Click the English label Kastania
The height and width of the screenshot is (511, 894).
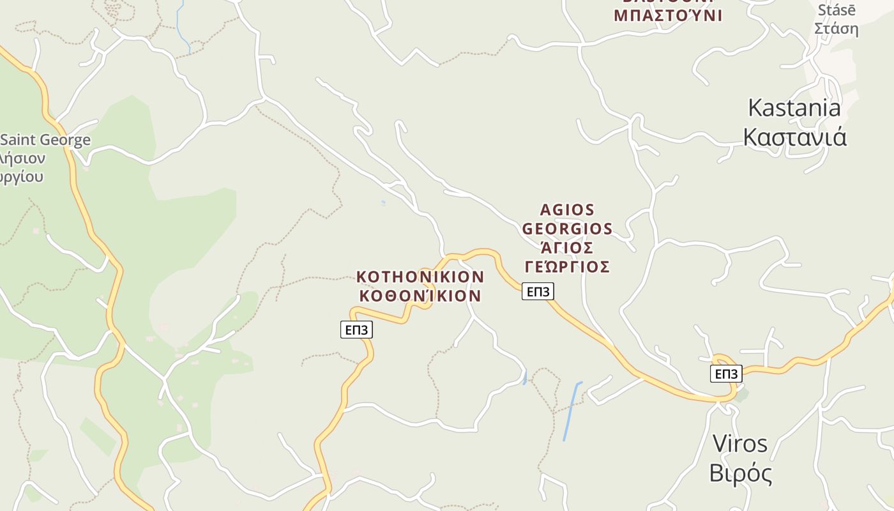coord(794,107)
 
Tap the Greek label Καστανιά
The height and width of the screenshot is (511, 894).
coord(795,137)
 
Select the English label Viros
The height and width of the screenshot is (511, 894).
coord(739,443)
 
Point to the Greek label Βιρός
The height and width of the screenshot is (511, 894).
coord(740,473)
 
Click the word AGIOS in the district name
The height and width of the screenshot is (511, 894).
coord(567,210)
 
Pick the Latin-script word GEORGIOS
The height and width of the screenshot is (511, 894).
coord(567,229)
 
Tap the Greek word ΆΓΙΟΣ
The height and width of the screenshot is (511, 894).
coord(567,247)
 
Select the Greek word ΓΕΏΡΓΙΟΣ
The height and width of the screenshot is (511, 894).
coord(567,266)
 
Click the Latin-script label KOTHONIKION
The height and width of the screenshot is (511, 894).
coord(420,277)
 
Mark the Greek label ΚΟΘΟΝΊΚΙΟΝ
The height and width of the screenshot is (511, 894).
coord(420,296)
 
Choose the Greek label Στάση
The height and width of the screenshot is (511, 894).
coord(836,29)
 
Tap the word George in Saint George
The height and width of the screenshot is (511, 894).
coord(64,140)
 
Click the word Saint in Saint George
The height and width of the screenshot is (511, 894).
coord(19,140)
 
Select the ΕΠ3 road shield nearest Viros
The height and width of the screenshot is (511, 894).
coord(726,374)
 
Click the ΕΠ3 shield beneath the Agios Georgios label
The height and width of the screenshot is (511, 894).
coord(538,291)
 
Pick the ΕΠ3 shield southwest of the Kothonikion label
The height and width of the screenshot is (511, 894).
coord(356,330)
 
